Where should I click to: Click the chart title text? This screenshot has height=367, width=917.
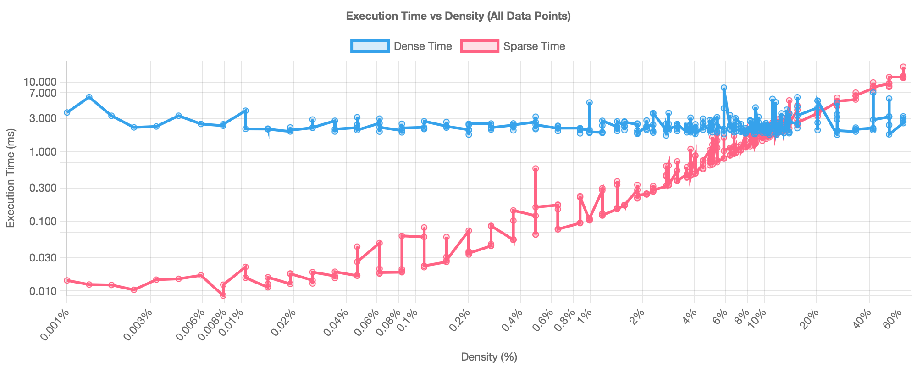458,16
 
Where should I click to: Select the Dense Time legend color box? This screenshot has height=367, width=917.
370,46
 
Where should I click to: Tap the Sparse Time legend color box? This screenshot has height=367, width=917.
479,46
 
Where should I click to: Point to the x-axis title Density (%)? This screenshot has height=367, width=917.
489,357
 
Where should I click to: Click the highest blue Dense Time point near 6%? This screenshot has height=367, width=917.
724,88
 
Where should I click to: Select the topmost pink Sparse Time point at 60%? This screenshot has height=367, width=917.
903,67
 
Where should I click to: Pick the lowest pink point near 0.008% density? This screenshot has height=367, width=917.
223,296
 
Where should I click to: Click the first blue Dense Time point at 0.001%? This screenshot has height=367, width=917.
67,112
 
